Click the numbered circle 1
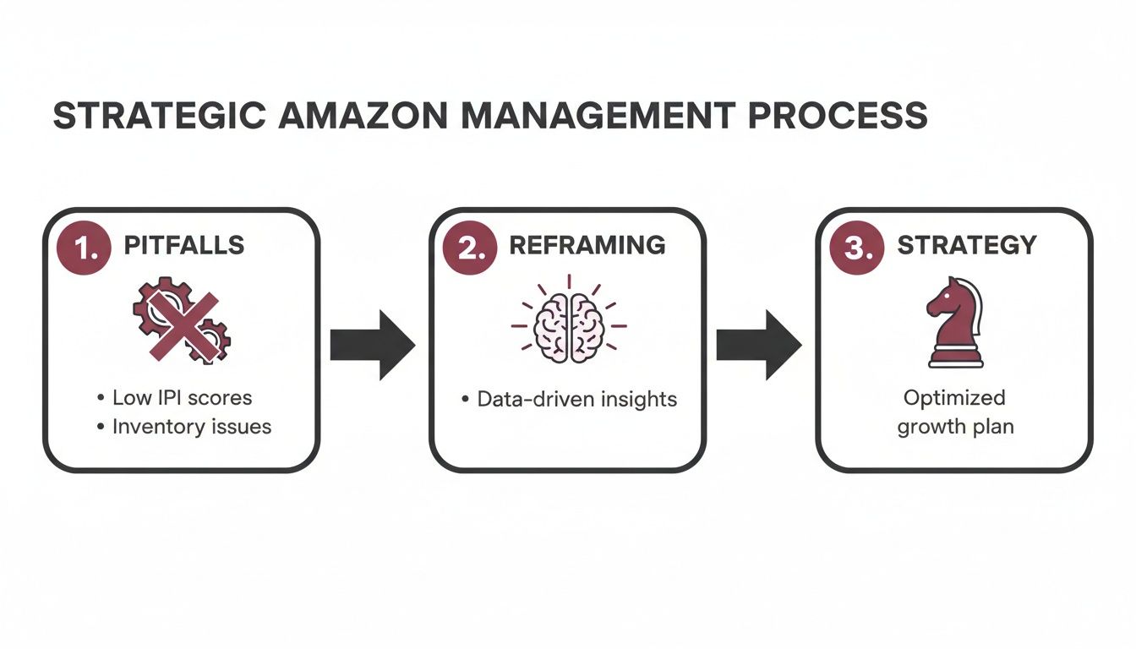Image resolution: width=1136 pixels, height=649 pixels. pos(82,247)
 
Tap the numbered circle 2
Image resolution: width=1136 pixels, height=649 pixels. pos(469,247)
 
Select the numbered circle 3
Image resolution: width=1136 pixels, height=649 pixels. pos(856,247)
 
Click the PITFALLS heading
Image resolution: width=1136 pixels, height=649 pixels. pos(183,246)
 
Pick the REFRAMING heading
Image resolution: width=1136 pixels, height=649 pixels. pos(587,246)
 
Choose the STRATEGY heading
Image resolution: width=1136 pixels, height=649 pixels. pos(966,246)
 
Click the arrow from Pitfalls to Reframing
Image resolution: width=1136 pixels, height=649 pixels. pos(372,345)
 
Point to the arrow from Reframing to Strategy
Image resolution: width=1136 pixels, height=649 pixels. pos(759,345)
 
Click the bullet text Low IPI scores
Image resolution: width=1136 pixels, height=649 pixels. pos(182,397)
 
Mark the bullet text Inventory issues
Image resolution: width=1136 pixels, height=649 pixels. pos(191,427)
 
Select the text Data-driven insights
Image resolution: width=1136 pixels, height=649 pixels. pos(576,399)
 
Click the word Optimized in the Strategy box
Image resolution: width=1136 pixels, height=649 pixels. pos(954,397)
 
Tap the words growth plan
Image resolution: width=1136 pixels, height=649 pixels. pos(954,427)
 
